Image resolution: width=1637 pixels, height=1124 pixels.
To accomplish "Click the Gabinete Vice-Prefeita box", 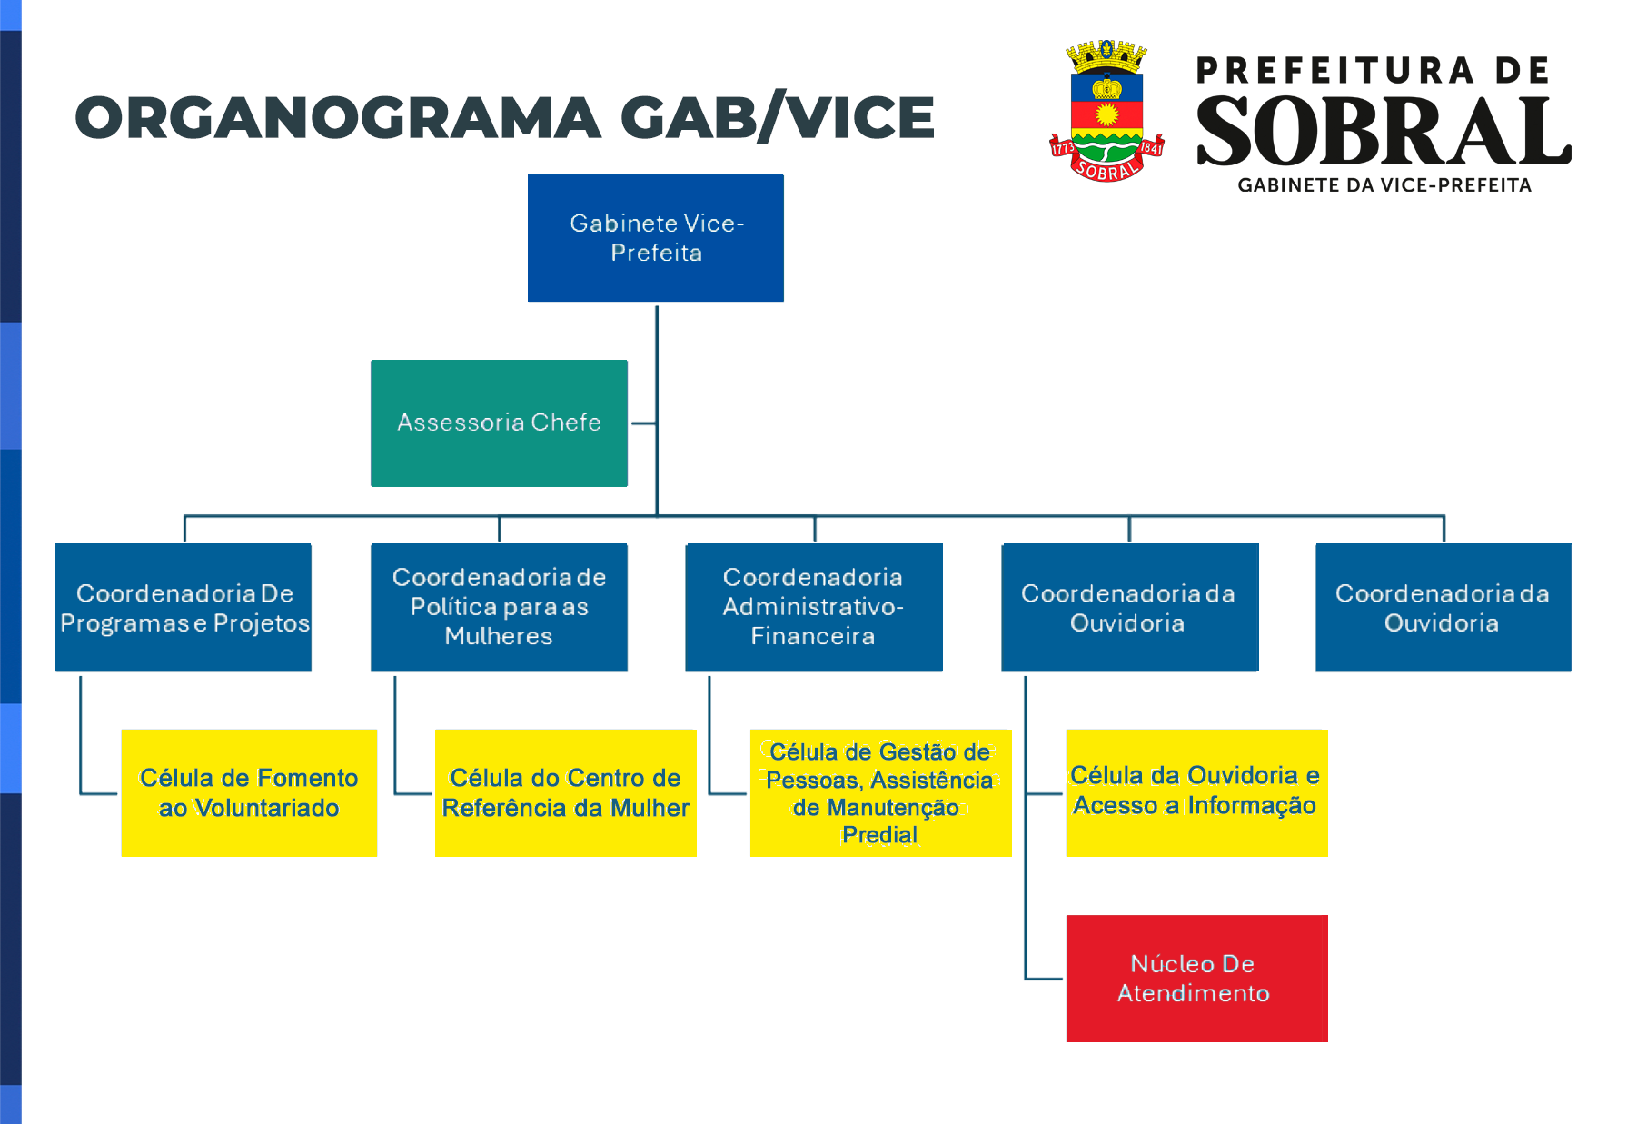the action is point(656,238).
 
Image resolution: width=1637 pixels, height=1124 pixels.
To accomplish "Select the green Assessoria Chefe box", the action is point(499,423).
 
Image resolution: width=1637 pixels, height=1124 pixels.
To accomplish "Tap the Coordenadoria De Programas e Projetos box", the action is point(184,608).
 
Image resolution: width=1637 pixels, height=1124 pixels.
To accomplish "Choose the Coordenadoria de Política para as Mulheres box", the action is point(499,608).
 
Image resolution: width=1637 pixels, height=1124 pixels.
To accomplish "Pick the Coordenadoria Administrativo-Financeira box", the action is point(814,608).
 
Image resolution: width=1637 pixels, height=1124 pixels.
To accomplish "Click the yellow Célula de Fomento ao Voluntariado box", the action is point(249,793).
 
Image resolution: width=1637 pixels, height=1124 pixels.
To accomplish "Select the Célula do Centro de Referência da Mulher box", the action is point(566,793).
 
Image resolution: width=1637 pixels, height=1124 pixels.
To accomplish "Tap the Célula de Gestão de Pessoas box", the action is point(880,793).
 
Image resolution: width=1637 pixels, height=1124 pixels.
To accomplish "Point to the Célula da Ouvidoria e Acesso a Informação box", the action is point(1196,793).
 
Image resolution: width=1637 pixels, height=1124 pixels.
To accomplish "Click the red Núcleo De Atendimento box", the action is point(1196,979).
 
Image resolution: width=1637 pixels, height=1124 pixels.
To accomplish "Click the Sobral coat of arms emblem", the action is point(1106,110).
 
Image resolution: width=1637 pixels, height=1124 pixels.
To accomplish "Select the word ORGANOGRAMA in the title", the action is point(338,118).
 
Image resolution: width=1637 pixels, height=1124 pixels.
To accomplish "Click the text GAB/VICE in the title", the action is point(778,118).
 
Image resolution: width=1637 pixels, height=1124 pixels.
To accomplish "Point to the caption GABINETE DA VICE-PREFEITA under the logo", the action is point(1384,185).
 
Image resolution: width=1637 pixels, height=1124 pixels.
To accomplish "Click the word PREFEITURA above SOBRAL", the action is point(1335,71).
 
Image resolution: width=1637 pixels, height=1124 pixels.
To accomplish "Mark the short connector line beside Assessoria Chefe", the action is point(644,423).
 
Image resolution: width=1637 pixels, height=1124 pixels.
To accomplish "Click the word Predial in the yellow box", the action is point(879,835).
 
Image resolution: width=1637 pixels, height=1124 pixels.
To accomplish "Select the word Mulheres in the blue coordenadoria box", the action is point(499,636).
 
